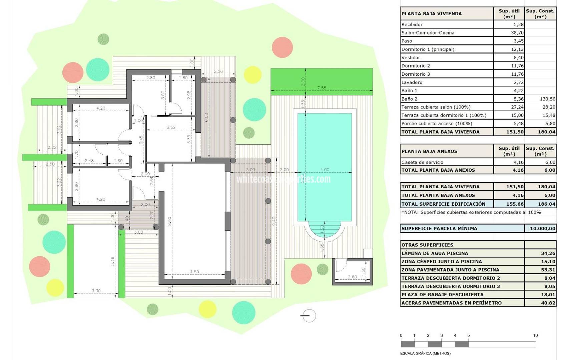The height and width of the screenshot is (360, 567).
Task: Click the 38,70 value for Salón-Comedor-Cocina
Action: pos(517,33)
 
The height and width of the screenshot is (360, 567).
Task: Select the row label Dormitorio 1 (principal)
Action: pos(428,49)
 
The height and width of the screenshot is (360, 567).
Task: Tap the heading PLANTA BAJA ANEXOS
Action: pos(429,151)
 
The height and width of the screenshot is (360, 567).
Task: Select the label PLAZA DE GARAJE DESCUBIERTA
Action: pos(442,295)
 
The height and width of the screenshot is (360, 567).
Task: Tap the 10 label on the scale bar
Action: pos(535,336)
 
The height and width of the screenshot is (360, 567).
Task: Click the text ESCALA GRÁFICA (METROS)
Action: pos(425,353)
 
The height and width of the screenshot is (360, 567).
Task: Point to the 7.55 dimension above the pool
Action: pos(322,88)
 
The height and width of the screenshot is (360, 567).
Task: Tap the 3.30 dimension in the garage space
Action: pos(96,291)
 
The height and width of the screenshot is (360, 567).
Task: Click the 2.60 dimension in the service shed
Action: pos(352,277)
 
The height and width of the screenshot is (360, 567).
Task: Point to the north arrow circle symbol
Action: pos(309,316)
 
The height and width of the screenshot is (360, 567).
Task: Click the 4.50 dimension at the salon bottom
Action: pos(194,272)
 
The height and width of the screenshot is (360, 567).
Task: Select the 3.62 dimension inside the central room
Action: pos(171,127)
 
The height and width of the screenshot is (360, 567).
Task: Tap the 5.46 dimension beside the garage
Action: pos(113,261)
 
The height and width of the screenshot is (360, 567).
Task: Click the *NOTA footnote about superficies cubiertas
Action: pos(471,212)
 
